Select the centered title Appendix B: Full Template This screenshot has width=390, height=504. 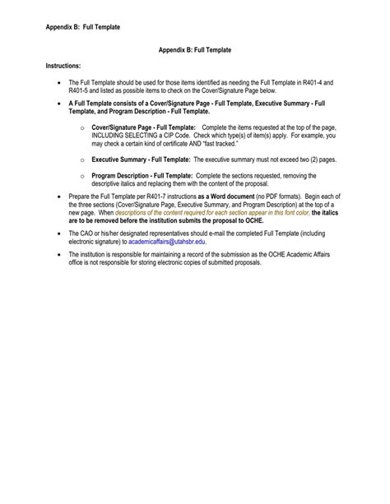click(195, 50)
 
